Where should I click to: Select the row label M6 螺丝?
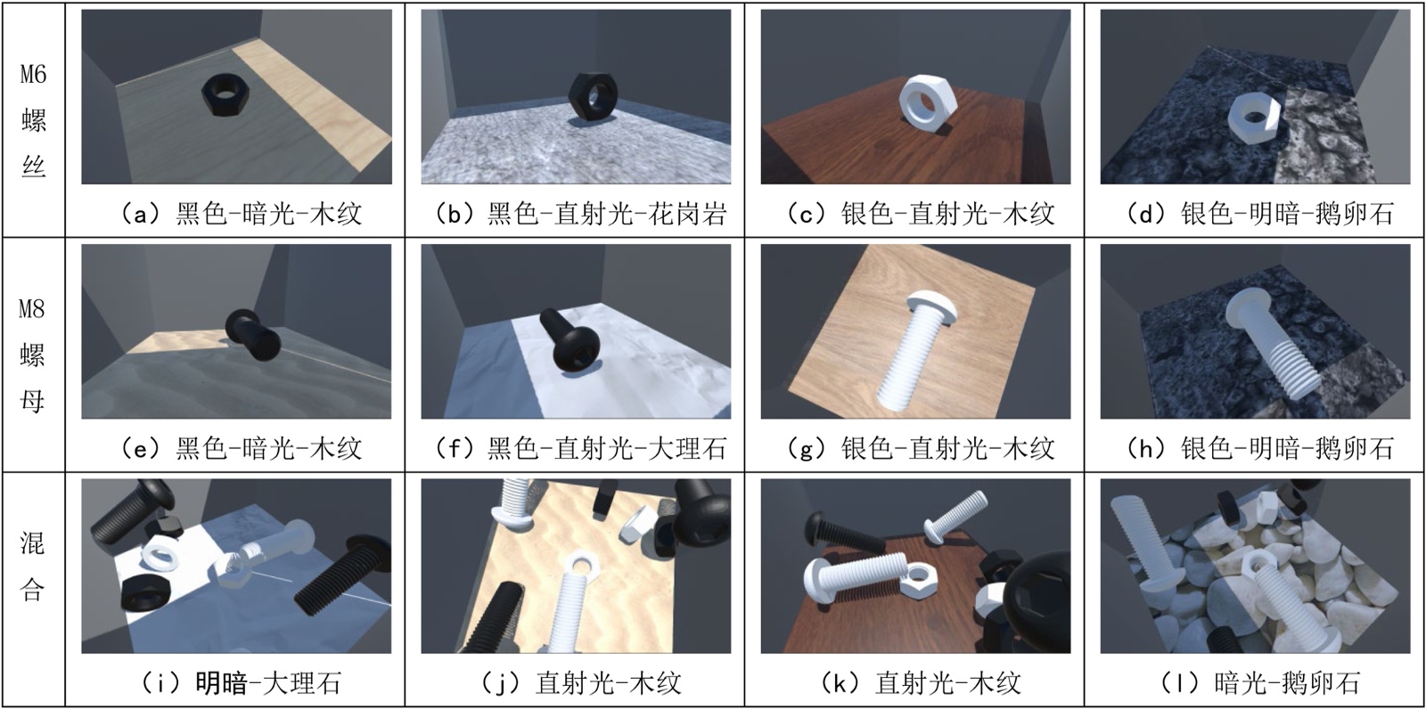click(x=33, y=120)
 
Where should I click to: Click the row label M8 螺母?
click(x=32, y=355)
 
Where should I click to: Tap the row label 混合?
click(x=32, y=566)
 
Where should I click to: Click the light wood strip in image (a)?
click(x=316, y=105)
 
